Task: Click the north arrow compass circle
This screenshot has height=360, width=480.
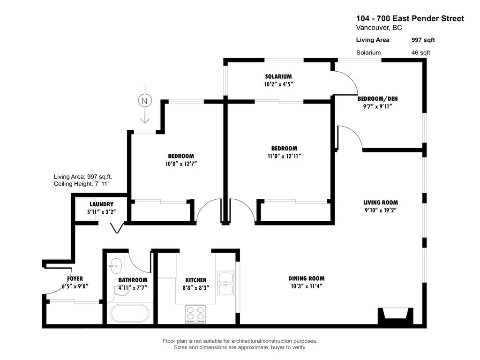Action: click(x=144, y=100)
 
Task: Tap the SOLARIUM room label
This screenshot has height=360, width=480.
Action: click(x=278, y=76)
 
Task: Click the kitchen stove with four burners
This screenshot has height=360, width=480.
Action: click(x=195, y=313)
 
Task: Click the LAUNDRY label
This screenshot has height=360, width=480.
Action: click(x=101, y=204)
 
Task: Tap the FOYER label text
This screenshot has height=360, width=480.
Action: click(x=75, y=278)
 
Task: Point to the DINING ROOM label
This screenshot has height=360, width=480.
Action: click(x=306, y=278)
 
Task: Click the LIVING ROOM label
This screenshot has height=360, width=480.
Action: click(x=380, y=202)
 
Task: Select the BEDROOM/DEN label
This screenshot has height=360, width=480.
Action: click(x=377, y=99)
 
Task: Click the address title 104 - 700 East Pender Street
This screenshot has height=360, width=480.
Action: click(x=410, y=19)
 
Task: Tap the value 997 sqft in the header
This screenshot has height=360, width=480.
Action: click(x=423, y=40)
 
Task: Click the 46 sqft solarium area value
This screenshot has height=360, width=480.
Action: click(x=420, y=52)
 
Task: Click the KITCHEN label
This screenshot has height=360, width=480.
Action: click(x=195, y=280)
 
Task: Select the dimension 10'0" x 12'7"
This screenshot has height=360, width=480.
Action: click(x=181, y=164)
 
